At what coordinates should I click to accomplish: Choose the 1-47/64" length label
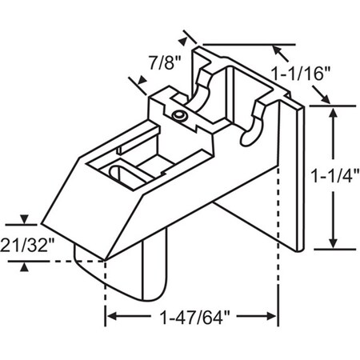pos(192,316)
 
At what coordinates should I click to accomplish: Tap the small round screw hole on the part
pos(179,117)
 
